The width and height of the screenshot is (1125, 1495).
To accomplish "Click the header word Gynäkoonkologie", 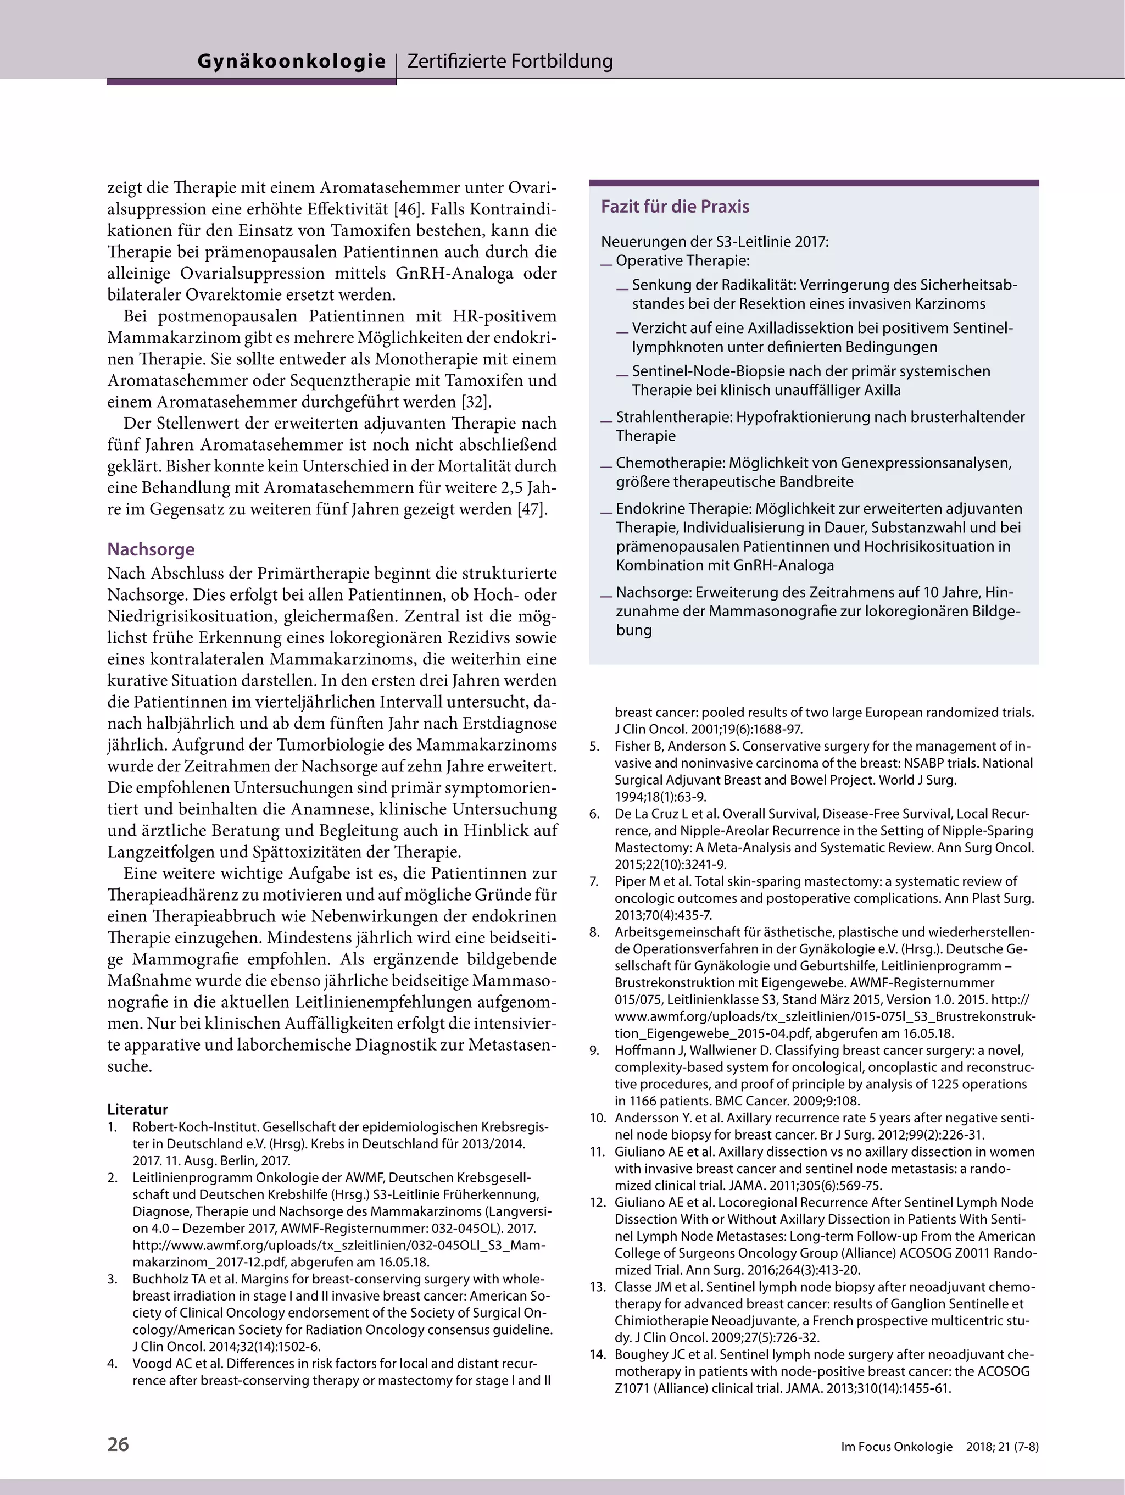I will coord(291,62).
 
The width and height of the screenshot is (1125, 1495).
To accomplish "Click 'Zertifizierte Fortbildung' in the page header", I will coord(510,62).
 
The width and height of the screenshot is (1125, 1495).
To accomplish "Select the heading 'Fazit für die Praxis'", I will coord(675,206).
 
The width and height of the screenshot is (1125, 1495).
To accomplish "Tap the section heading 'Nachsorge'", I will coord(151,549).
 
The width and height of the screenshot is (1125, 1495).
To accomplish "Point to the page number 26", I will coord(118,1444).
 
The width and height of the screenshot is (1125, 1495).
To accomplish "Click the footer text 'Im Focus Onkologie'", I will coord(896,1446).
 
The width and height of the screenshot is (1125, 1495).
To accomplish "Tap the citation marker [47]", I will coord(532,509).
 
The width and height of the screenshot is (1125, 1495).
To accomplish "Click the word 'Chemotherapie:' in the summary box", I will coord(670,463).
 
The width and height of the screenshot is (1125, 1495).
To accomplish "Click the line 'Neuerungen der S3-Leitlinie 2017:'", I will coord(714,241).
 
